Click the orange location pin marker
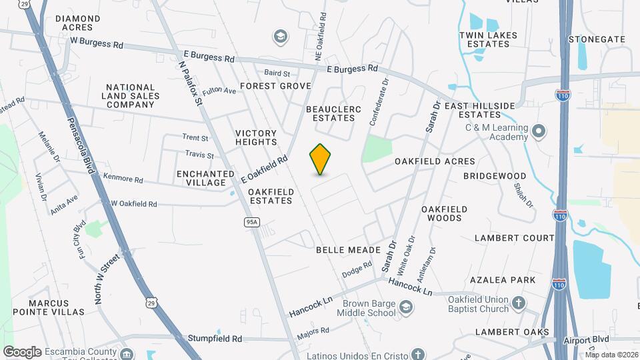point(321,159)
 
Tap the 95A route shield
point(251,222)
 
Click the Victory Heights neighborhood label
point(256,137)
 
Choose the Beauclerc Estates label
point(330,113)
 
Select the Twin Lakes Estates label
point(484,39)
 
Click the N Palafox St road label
point(189,83)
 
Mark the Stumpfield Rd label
point(215,339)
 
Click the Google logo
point(22,351)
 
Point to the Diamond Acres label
point(77,23)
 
